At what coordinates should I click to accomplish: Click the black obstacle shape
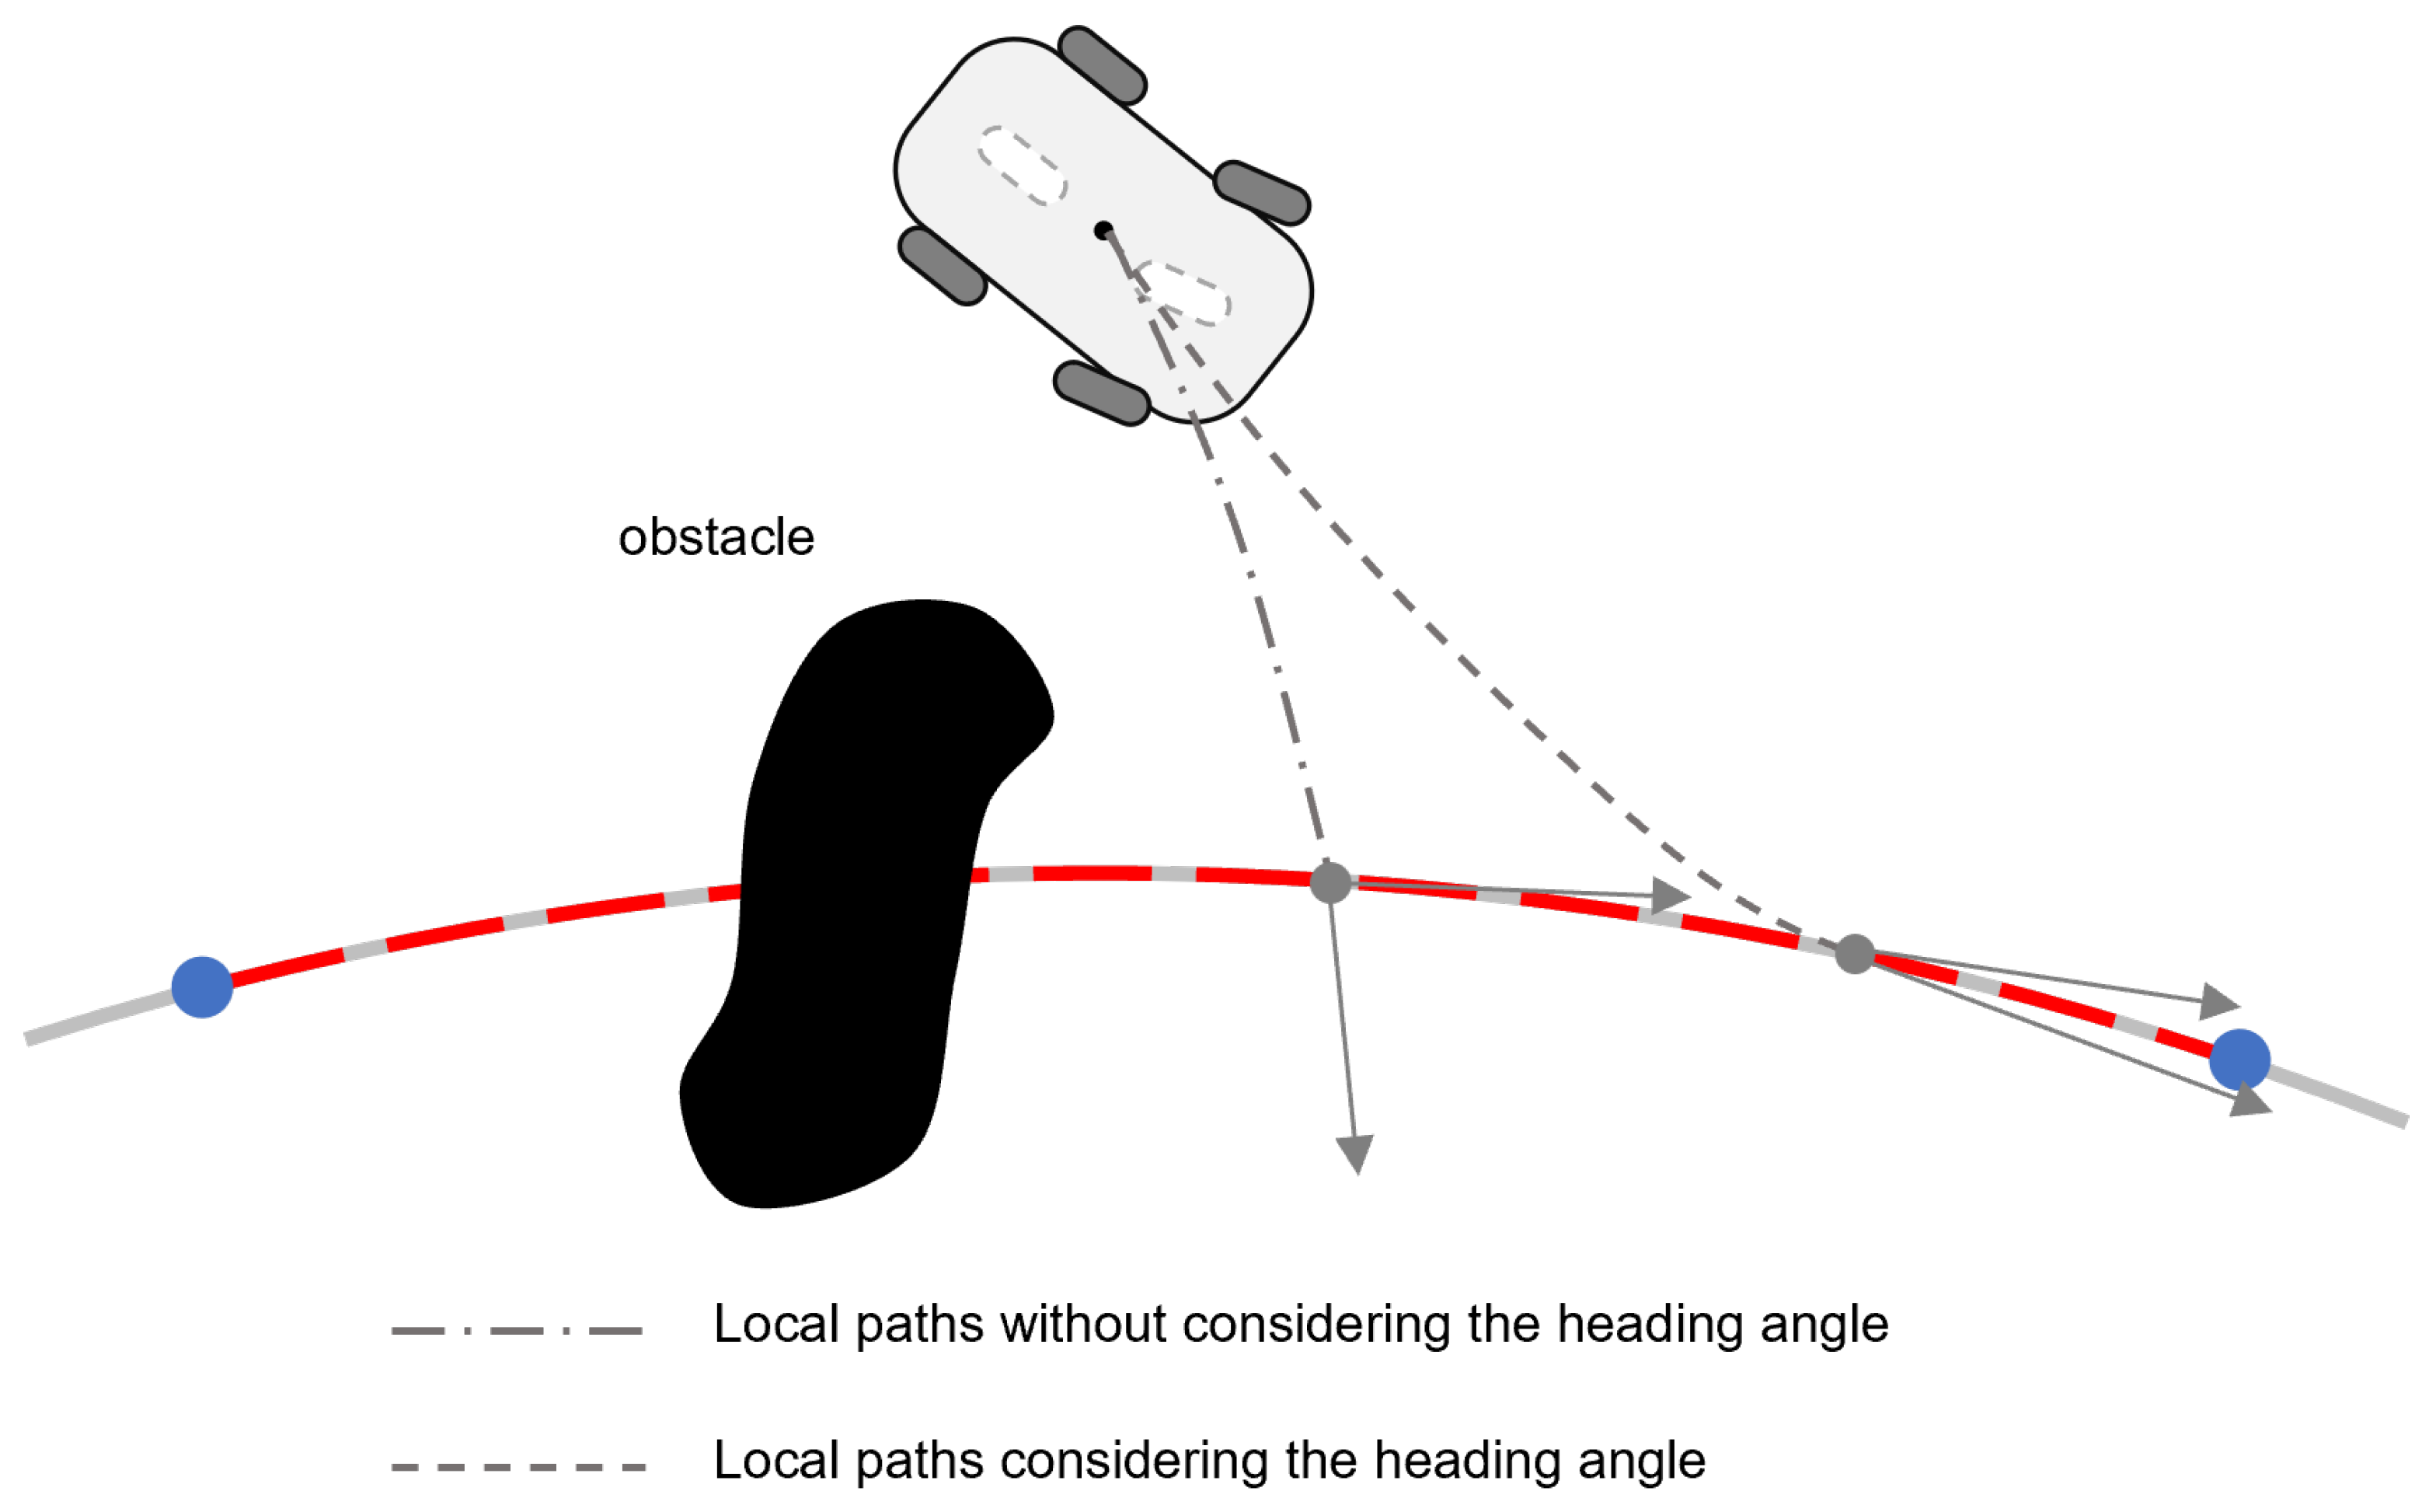point(859,900)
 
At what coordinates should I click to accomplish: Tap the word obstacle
point(716,538)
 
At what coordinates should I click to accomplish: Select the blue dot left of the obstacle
point(202,988)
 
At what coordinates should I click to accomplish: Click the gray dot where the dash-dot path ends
point(1330,883)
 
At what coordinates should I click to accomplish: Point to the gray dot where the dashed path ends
point(1854,954)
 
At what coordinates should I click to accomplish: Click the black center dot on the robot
point(1103,231)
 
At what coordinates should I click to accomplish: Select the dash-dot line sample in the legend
point(517,1331)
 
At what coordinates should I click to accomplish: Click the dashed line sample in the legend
point(517,1467)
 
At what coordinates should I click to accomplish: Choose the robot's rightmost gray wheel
point(1261,192)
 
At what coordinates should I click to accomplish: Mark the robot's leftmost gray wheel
point(943,266)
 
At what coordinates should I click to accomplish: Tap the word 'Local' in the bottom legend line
point(777,1461)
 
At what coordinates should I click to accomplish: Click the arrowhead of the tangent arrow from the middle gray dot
point(1669,894)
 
